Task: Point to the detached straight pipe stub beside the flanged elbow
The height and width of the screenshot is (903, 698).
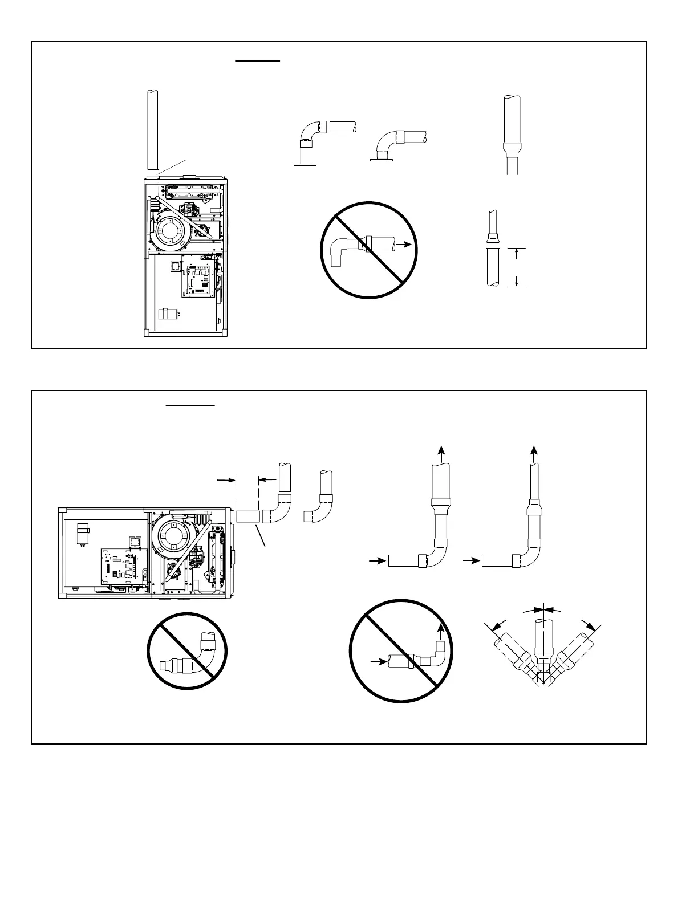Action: (x=343, y=127)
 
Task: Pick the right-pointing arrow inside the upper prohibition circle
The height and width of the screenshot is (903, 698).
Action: (x=403, y=244)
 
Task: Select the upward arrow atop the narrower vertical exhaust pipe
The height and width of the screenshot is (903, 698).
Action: (x=534, y=454)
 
